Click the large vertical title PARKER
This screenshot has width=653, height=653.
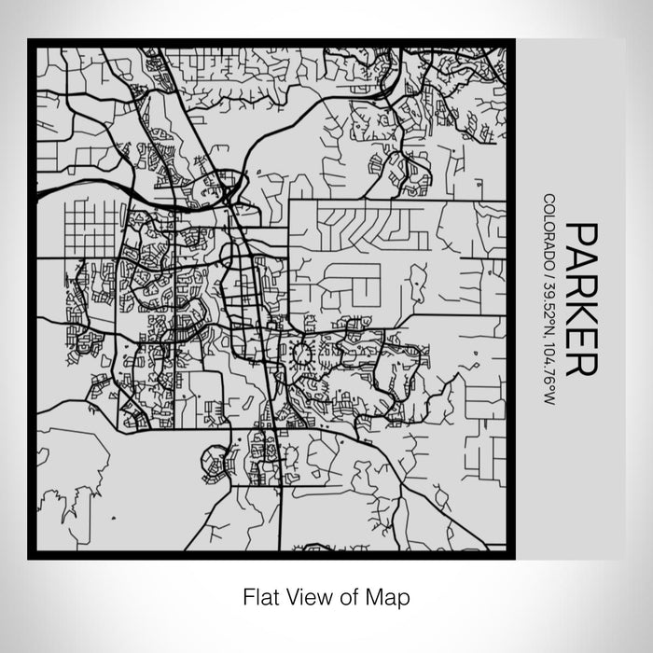coord(578,299)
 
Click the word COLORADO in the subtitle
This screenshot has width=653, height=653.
coord(549,228)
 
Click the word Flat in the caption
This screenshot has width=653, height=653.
coord(261,596)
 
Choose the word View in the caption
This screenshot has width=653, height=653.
coord(308,596)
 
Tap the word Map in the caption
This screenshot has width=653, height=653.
coord(392,596)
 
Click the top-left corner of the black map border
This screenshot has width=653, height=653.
coord(30,41)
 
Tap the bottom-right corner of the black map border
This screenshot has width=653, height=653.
coord(511,557)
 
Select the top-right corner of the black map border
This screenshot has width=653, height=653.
coord(511,41)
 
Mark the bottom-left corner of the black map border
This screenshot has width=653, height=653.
coord(30,557)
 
